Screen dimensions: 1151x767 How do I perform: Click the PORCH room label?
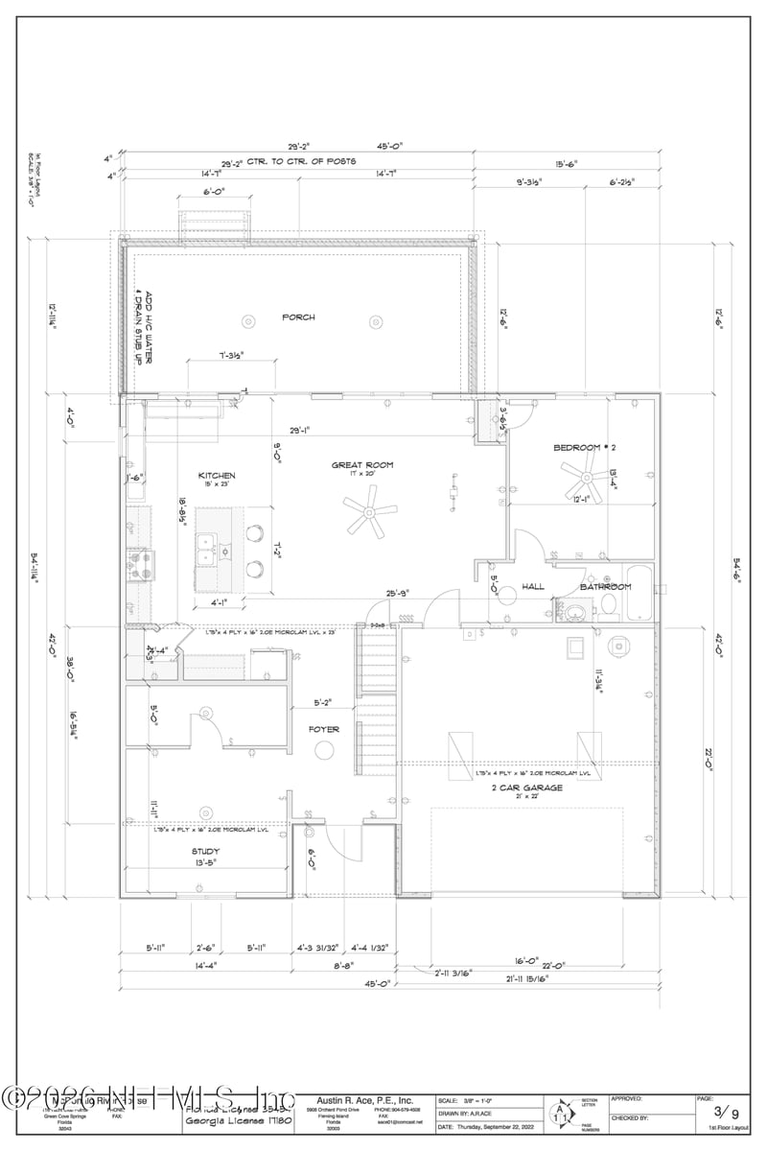click(x=298, y=317)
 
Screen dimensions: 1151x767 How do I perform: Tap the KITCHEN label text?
click(x=217, y=476)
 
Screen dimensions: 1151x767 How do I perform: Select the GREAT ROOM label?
click(x=362, y=465)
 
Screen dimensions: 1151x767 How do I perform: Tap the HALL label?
click(x=533, y=587)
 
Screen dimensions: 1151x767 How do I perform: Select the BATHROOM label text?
click(x=605, y=587)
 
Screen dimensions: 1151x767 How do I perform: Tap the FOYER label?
click(x=323, y=729)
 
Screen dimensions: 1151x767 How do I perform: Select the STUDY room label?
click(x=205, y=851)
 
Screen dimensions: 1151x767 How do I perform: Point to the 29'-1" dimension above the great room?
click(x=301, y=430)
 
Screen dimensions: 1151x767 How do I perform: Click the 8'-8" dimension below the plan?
click(x=344, y=967)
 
